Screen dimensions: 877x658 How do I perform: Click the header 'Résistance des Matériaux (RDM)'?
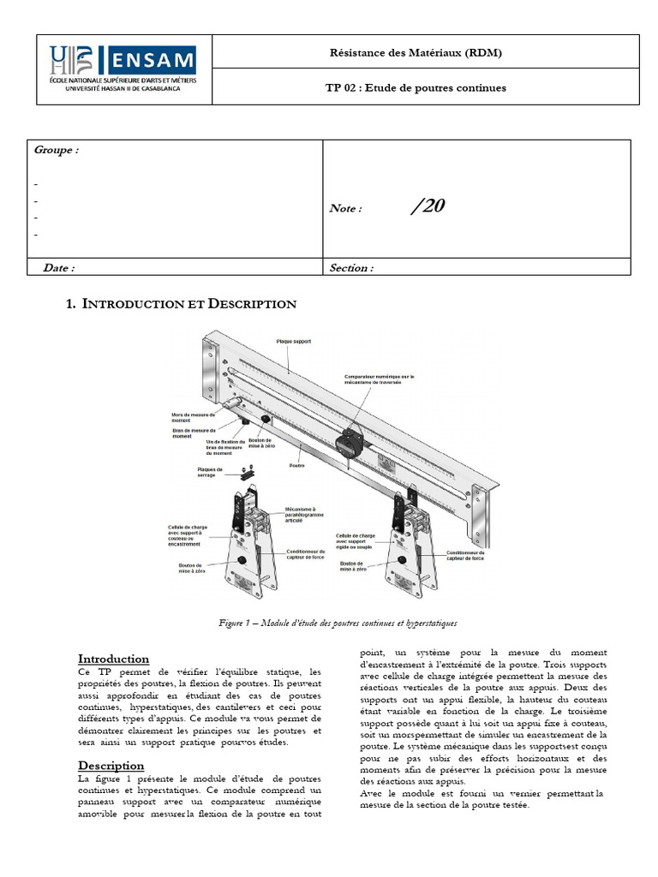pos(416,53)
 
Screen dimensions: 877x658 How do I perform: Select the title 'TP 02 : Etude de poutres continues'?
pos(416,87)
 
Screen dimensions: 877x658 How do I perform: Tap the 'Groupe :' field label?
pos(57,150)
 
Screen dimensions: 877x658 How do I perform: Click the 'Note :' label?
pos(346,208)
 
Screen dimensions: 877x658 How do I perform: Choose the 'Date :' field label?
pos(59,267)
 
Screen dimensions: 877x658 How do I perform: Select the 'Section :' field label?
pos(351,267)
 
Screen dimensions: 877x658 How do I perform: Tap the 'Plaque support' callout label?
pos(294,341)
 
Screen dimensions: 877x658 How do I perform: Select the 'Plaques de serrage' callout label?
pos(209,472)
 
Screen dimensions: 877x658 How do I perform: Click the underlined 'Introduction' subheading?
pos(113,659)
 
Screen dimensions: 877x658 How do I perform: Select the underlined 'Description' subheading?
pos(111,765)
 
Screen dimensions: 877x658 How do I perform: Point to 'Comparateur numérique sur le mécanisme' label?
pos(379,380)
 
